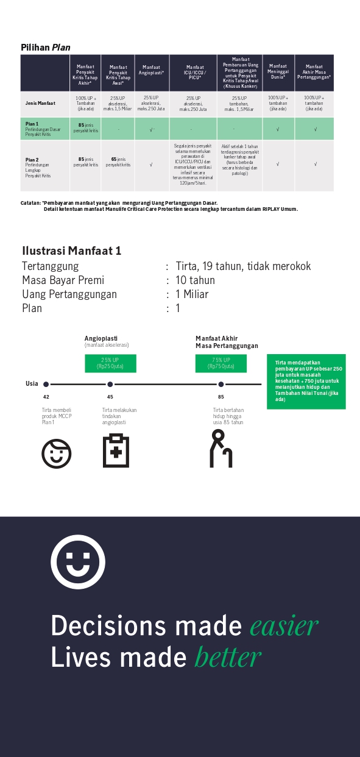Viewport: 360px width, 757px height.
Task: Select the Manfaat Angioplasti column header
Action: click(x=151, y=70)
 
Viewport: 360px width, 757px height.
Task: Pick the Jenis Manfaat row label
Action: click(x=41, y=103)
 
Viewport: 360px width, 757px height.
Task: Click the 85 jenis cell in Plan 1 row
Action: click(x=85, y=128)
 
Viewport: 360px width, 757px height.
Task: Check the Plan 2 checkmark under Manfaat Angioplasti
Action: click(x=151, y=165)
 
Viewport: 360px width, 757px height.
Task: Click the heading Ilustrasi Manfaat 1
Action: click(x=72, y=251)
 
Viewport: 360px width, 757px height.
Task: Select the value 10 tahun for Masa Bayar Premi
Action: click(x=195, y=280)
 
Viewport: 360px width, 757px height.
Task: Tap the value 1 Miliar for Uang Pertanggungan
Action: click(x=192, y=294)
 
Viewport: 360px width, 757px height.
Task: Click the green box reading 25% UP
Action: click(x=110, y=363)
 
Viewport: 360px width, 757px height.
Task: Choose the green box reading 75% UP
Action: click(x=221, y=363)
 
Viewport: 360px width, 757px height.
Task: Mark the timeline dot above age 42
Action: click(x=46, y=385)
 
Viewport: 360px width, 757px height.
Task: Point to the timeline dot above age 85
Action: click(x=221, y=385)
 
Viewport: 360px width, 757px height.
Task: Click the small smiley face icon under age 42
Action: click(x=57, y=453)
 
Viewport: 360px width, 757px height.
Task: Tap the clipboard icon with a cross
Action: click(x=116, y=450)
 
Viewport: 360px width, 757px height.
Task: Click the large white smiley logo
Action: click(x=78, y=561)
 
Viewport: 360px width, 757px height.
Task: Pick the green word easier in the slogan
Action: click(x=284, y=626)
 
